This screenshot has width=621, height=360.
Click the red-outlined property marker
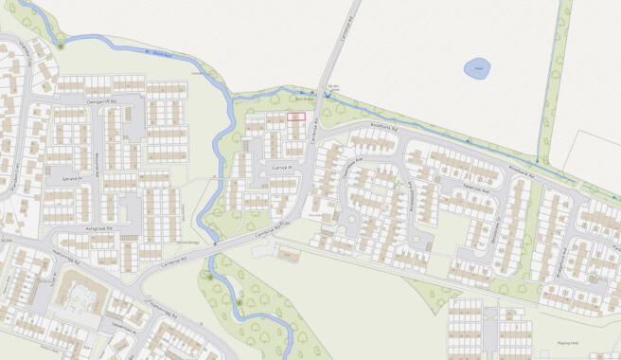pyautogui.click(x=296, y=117)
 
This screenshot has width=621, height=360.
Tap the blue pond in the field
pyautogui.click(x=477, y=68)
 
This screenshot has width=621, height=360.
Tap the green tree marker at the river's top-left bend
pyautogui.click(x=62, y=43)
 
